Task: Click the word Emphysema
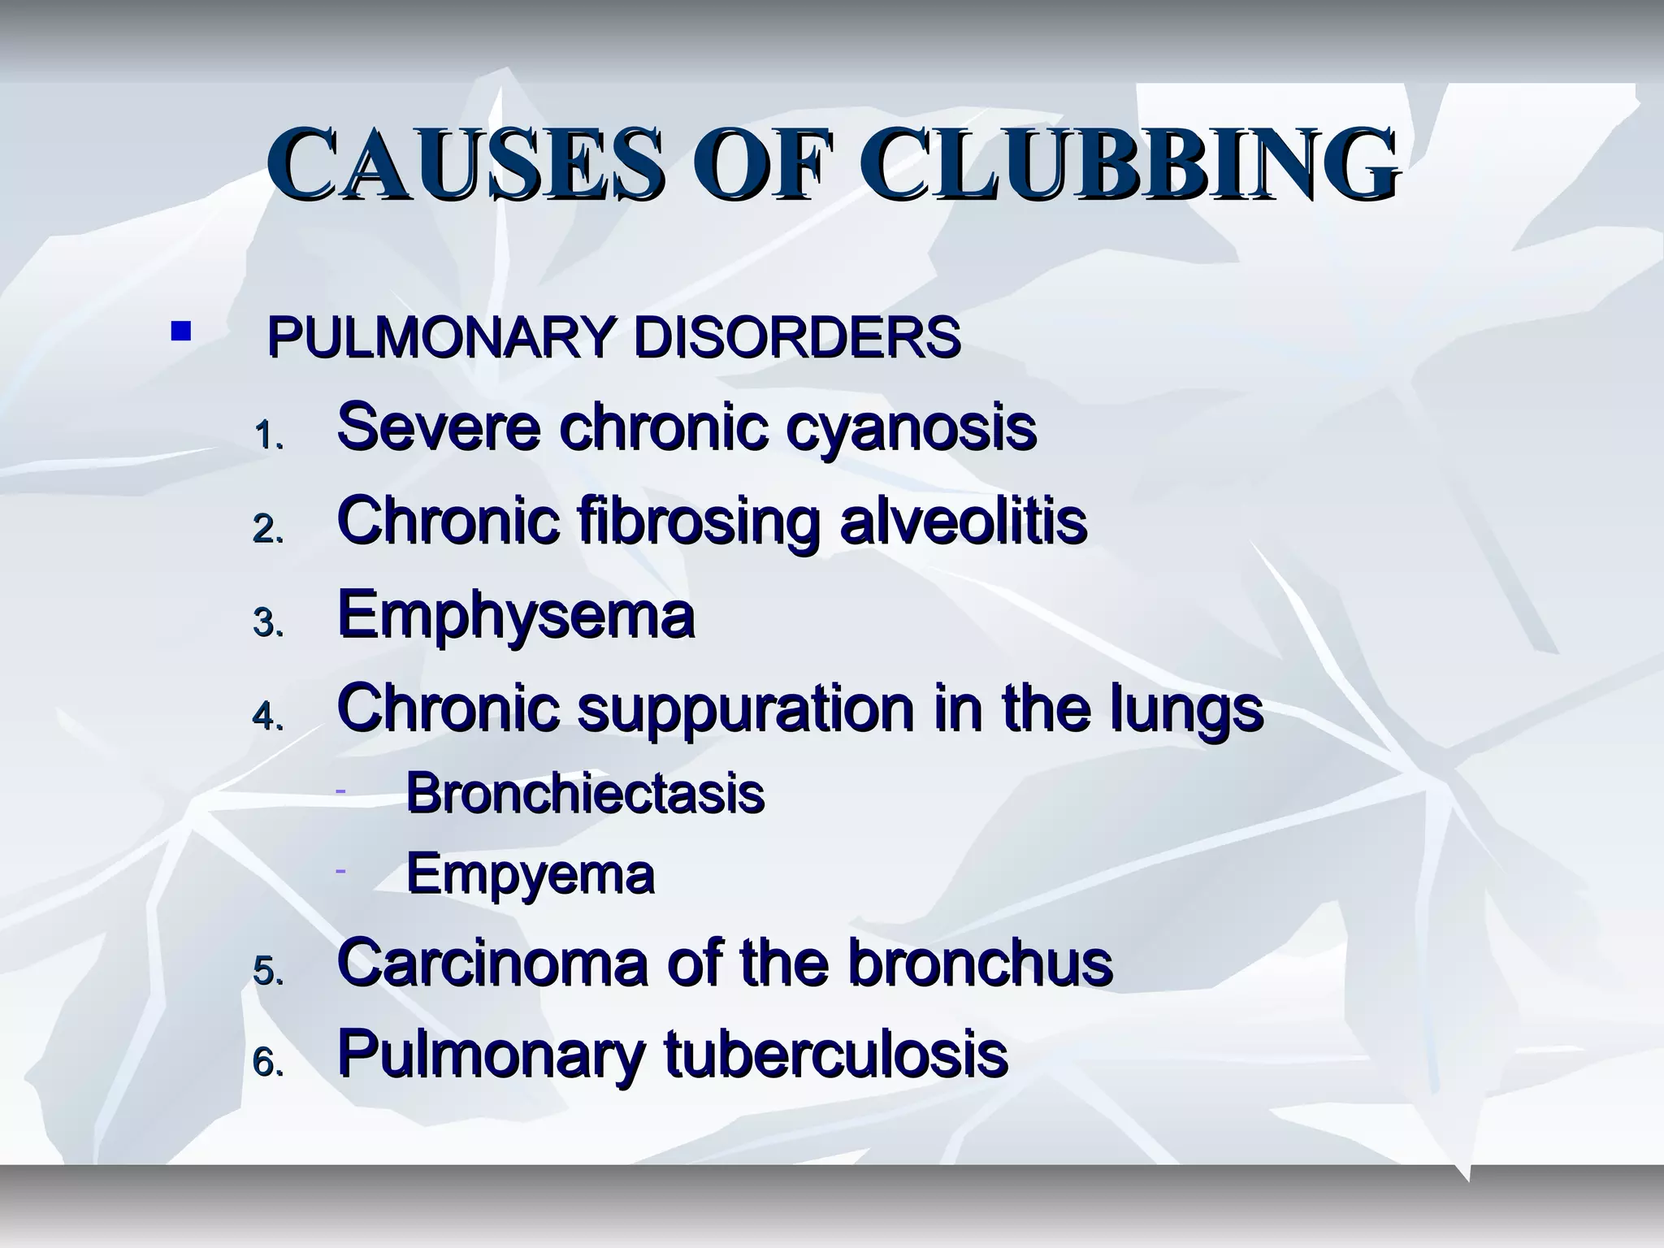(515, 616)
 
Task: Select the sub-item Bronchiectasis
(585, 793)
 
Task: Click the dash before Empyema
(341, 871)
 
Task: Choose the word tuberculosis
(836, 1054)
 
